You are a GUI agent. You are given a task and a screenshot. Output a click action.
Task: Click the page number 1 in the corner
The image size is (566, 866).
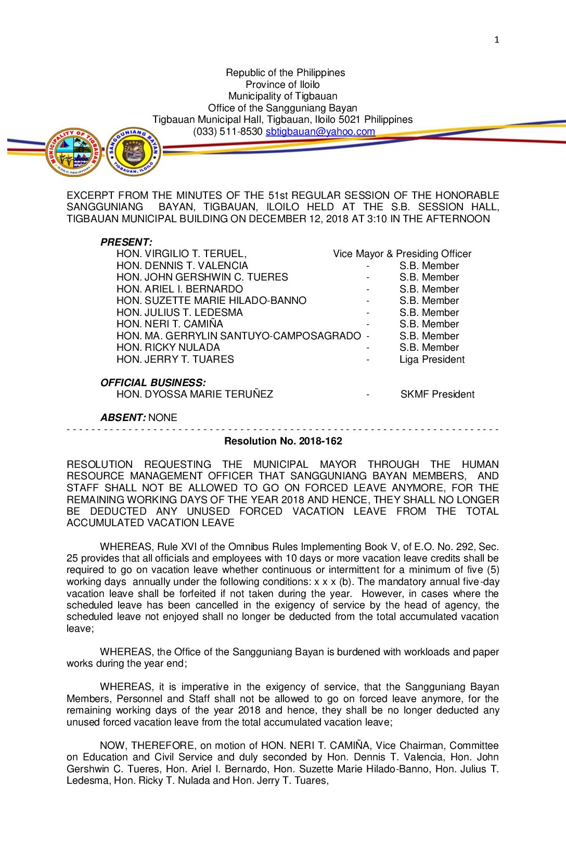(497, 40)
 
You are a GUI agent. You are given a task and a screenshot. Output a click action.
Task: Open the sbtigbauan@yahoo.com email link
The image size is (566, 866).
(320, 132)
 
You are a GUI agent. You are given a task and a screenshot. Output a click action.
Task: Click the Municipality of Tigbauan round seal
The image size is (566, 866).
(73, 152)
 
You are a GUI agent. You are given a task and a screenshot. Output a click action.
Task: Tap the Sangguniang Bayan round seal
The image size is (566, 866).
(134, 152)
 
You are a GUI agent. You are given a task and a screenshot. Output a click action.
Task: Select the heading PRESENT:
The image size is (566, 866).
(126, 242)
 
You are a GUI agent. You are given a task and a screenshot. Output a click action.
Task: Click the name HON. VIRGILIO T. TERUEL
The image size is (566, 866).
(181, 254)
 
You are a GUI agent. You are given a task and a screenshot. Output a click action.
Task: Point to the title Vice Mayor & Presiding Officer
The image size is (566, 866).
(402, 254)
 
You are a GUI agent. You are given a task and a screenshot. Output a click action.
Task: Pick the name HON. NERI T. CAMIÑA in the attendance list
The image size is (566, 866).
(170, 324)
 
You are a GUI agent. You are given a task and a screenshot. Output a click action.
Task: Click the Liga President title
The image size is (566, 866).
(432, 360)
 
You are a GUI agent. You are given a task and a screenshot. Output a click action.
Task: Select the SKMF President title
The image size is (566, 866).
(437, 394)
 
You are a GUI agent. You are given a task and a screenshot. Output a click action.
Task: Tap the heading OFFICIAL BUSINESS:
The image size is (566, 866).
(153, 383)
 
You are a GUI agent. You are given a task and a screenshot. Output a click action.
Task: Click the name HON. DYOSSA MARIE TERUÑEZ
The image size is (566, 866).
(195, 394)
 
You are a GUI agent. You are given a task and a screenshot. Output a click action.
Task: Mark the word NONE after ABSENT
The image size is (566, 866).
(163, 418)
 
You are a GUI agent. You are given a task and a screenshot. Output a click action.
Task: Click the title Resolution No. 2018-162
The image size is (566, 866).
(283, 441)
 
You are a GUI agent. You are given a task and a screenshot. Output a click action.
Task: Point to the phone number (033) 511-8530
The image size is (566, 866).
(228, 132)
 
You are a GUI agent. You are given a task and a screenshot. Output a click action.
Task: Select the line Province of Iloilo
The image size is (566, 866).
(282, 85)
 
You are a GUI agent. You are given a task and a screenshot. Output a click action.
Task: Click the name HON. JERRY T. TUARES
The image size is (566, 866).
(175, 360)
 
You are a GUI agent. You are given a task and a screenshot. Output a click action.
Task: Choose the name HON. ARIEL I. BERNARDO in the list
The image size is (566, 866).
(179, 289)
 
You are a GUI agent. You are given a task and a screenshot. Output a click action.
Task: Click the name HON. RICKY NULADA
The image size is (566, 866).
(168, 348)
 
